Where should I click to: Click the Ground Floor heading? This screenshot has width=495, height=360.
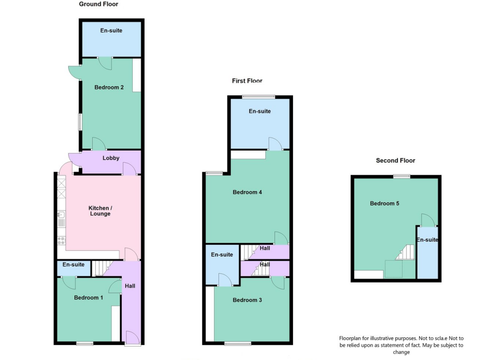pos(99,4)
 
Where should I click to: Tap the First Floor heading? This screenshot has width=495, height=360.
pos(247,81)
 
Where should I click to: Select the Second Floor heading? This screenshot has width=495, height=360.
pos(395,161)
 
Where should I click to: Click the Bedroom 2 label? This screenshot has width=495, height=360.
pos(109,88)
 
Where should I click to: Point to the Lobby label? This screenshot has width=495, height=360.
pos(111,158)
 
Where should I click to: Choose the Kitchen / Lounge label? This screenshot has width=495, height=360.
pos(99,211)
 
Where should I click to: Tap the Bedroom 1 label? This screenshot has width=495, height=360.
pos(88,298)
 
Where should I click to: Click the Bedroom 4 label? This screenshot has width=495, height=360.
pos(247,192)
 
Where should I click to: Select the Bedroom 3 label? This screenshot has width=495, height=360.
pos(247,300)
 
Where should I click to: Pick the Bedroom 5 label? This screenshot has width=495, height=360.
pos(384,204)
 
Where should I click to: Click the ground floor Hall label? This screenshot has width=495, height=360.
pos(130,286)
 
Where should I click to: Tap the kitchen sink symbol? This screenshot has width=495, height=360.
pos(61,215)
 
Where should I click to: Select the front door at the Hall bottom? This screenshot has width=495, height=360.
pos(132,338)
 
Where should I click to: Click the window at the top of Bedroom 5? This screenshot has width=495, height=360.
pos(401,176)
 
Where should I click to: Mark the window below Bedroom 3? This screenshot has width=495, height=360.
pos(237,344)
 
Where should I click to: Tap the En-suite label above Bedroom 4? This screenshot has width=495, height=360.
pos(260,111)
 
